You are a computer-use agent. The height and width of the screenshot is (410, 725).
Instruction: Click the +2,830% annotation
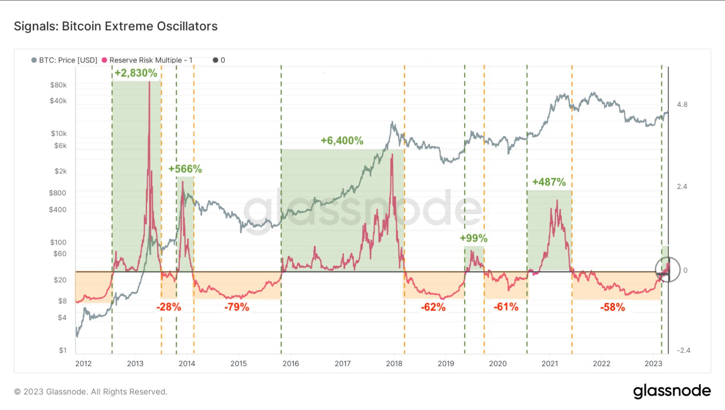135,73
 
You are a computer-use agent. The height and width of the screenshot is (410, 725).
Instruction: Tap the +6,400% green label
342,141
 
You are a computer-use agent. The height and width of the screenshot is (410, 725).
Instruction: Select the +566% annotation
185,169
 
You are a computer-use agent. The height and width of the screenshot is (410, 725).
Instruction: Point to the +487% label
549,182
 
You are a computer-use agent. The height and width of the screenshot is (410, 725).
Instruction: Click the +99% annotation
474,238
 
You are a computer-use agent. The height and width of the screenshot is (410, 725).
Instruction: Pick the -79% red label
237,307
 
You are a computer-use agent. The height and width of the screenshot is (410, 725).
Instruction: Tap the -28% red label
169,307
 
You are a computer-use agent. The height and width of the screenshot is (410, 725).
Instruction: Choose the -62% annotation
433,307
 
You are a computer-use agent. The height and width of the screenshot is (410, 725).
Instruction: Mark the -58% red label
613,307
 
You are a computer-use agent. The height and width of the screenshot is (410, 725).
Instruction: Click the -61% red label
506,307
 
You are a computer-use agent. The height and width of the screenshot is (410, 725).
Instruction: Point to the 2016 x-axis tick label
290,363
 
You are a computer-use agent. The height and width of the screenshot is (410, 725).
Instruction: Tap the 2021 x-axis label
550,363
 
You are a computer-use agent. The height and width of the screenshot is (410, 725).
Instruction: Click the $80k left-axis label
58,85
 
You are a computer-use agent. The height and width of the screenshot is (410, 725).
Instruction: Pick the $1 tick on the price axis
63,350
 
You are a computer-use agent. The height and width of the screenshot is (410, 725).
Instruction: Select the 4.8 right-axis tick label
682,104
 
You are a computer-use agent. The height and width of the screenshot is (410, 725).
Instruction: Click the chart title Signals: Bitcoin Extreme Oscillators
116,26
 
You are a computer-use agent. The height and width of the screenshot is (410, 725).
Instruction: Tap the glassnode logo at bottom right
672,391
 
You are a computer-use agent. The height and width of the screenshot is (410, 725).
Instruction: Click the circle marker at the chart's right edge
667,269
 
